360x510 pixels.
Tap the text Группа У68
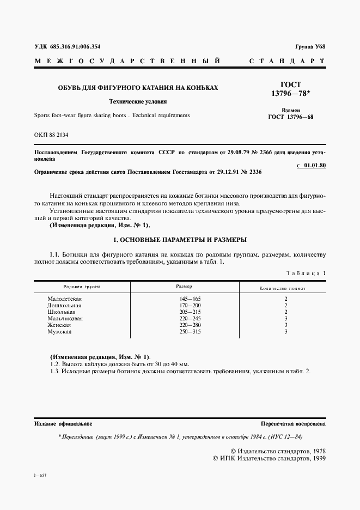coord(310,47)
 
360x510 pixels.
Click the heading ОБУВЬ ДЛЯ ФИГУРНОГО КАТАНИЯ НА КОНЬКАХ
coord(138,87)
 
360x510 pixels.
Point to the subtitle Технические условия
coord(138,101)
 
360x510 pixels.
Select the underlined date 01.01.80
coord(315,165)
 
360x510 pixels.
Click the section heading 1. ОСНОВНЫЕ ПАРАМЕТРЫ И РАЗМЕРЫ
coord(179,239)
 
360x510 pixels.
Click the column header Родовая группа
coord(82,286)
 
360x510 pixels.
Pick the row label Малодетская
coord(65,299)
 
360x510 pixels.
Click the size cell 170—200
coord(190,305)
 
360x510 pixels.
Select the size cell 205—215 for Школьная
coord(190,312)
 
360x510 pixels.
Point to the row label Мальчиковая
coord(65,318)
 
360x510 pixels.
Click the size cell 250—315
coord(190,331)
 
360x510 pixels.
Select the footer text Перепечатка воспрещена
coord(293,423)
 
